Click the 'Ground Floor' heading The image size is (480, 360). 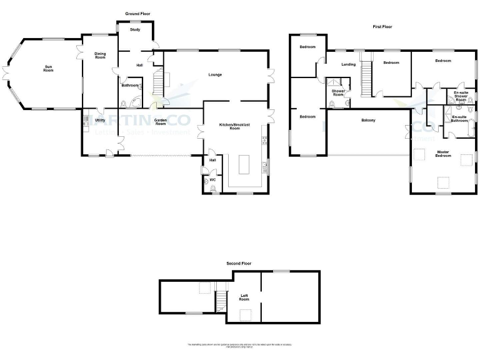coord(137,13)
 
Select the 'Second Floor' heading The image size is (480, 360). coord(239,264)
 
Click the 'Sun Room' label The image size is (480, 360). coord(48,68)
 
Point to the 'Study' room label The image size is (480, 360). coord(134,29)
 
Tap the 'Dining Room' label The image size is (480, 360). coord(100,56)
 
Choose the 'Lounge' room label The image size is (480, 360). coord(216,75)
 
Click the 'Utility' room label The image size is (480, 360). coord(100,120)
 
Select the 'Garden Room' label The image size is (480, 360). coord(161,121)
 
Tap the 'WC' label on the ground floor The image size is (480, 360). coord(212,180)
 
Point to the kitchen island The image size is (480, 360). coord(243,166)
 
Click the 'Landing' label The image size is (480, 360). coord(349,64)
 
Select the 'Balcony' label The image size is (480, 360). coord(368,120)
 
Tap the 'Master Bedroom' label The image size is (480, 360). coord(443,154)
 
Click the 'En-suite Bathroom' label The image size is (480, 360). coord(459,119)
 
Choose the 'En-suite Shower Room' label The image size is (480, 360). coord(461,96)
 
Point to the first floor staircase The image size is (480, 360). coord(367,74)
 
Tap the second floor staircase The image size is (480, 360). coord(221,302)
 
